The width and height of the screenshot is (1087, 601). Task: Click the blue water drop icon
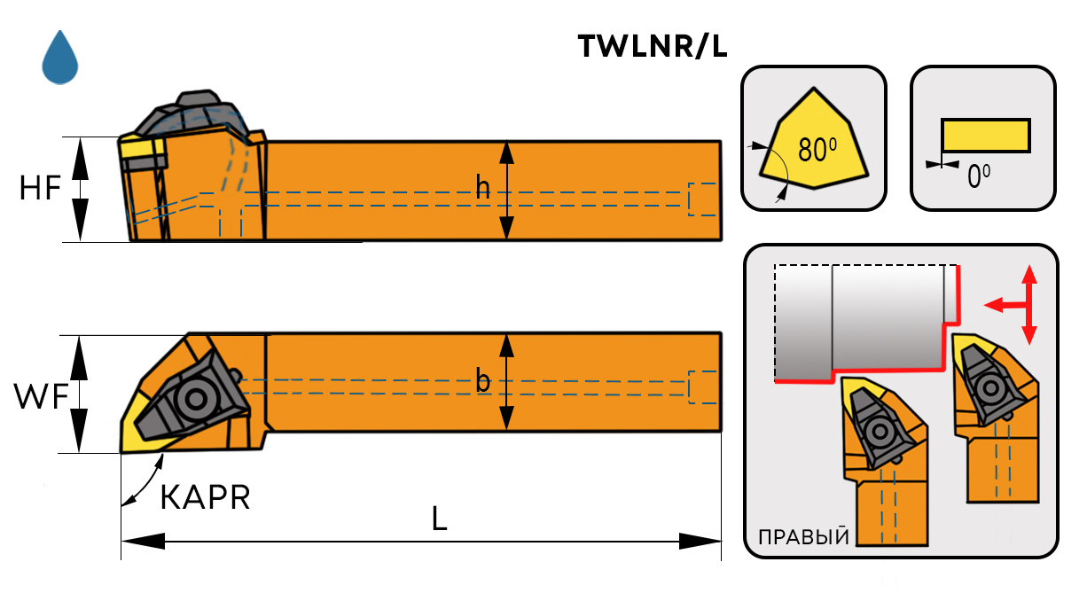click(60, 59)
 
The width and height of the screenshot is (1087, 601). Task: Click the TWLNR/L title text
click(652, 47)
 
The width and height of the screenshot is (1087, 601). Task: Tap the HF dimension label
click(40, 188)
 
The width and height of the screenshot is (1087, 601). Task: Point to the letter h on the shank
click(483, 188)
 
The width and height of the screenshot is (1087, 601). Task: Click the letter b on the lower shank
click(483, 382)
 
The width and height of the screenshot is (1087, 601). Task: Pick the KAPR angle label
click(205, 497)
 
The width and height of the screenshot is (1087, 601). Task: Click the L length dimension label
click(440, 519)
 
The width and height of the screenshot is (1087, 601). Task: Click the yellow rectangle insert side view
click(985, 136)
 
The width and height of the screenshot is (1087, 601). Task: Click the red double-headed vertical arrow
click(1028, 304)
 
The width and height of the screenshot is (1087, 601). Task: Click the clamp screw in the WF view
click(191, 399)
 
